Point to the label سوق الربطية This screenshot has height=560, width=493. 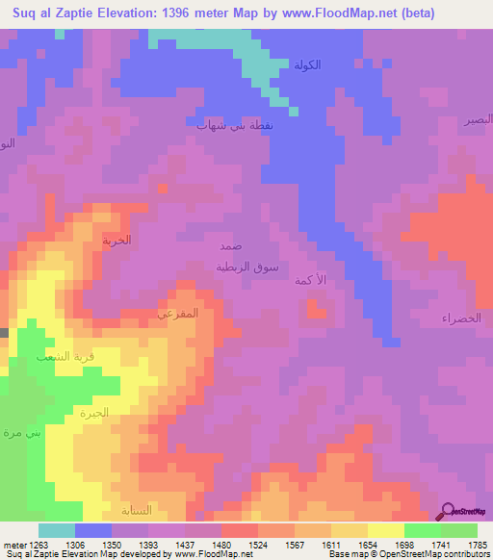point(246,267)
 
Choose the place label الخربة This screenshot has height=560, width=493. point(117,241)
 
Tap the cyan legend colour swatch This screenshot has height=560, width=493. point(57,530)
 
